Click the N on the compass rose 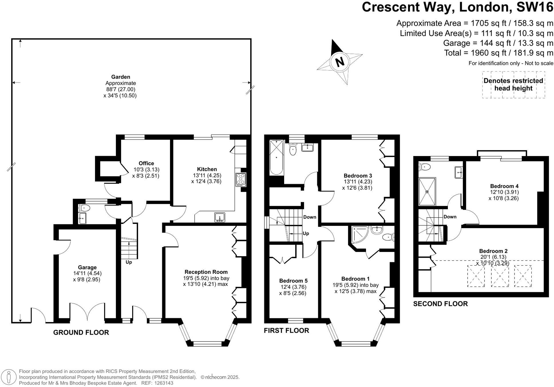click(x=340, y=62)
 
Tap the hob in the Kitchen click(x=241, y=179)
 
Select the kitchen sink click(x=219, y=218)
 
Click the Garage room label click(x=87, y=267)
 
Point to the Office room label click(x=146, y=163)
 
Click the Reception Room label click(x=206, y=272)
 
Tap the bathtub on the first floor click(x=276, y=157)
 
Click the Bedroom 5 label click(x=293, y=281)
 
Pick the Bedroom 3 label click(x=358, y=175)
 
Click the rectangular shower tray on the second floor click(x=427, y=191)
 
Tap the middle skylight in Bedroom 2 click(x=500, y=276)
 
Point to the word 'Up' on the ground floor click(x=129, y=262)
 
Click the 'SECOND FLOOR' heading click(x=440, y=304)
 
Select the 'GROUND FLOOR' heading click(x=81, y=332)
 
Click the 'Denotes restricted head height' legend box click(x=513, y=85)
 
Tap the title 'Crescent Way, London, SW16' click(x=458, y=7)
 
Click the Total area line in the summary click(x=498, y=53)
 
